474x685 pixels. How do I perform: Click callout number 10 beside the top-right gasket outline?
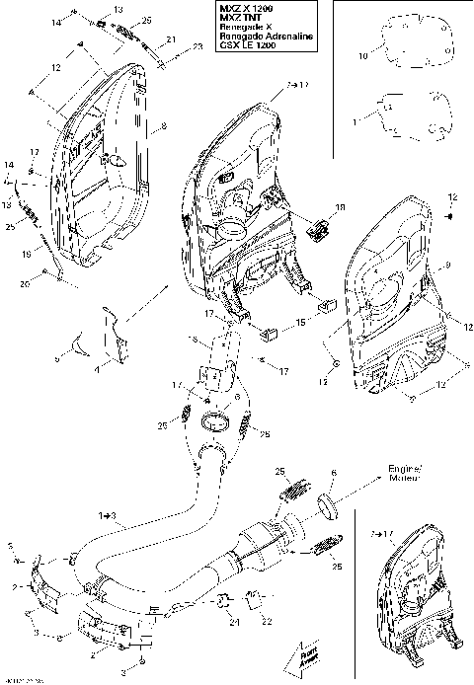[x=361, y=58]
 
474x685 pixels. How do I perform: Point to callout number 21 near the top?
[x=171, y=39]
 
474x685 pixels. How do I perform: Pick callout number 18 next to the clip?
[x=341, y=209]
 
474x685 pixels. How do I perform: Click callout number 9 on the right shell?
[x=422, y=266]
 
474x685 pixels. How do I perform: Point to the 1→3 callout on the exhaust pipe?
[x=107, y=515]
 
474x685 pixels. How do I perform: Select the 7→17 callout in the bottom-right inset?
[x=382, y=534]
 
